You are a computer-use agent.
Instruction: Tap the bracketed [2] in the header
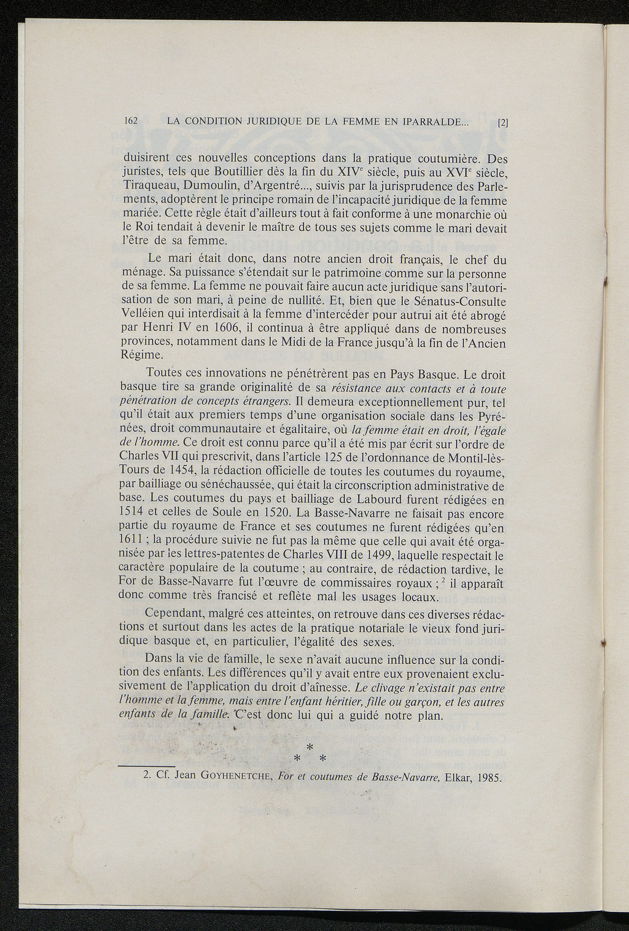[x=503, y=122]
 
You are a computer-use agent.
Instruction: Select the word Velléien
[x=138, y=313]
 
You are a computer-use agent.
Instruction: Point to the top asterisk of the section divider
[x=310, y=747]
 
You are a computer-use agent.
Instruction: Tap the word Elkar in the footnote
[x=453, y=776]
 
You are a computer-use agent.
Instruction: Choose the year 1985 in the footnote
[x=490, y=776]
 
